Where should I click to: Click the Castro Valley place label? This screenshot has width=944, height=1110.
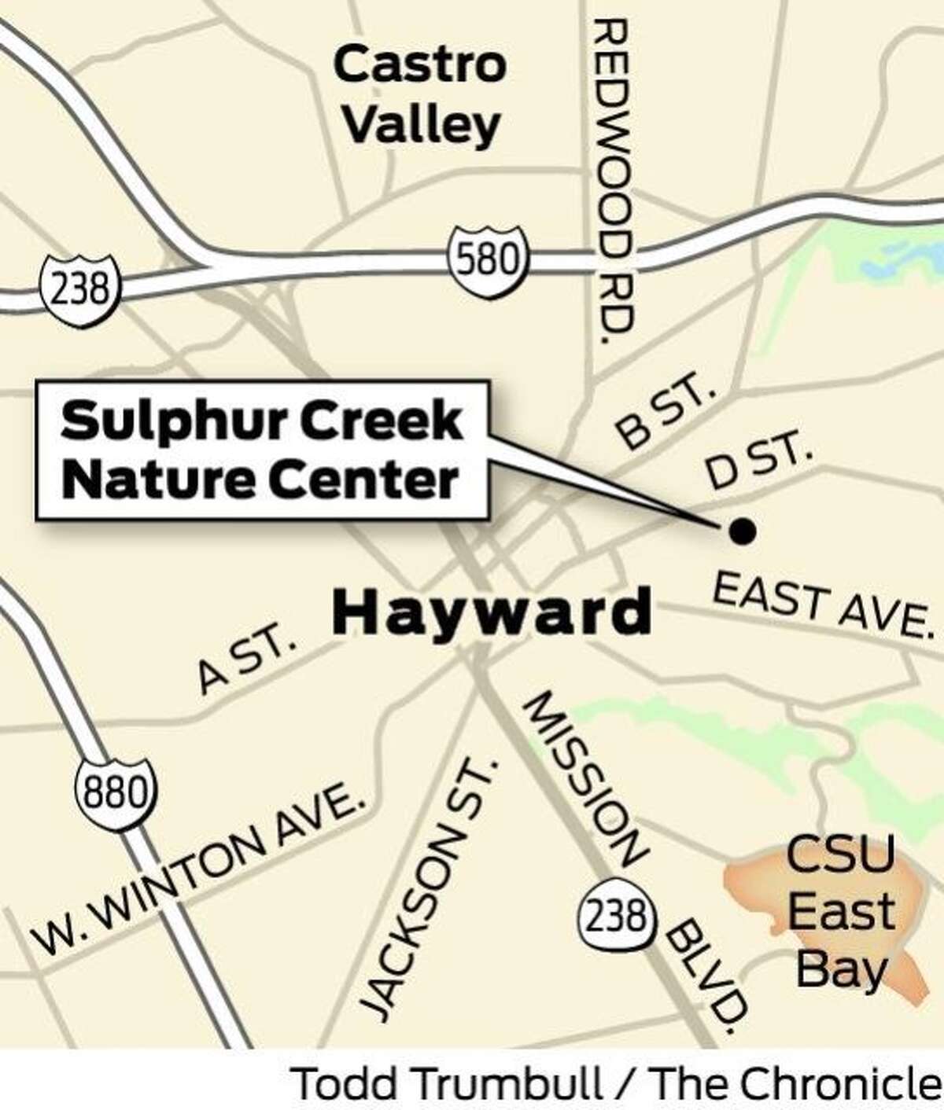pos(419,95)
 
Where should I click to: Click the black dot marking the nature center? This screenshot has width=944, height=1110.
pos(742,531)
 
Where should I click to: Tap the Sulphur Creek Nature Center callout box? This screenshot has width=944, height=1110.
pos(260,450)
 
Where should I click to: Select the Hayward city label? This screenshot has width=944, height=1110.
pos(492,613)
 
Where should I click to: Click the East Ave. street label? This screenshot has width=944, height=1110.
pos(820,605)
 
